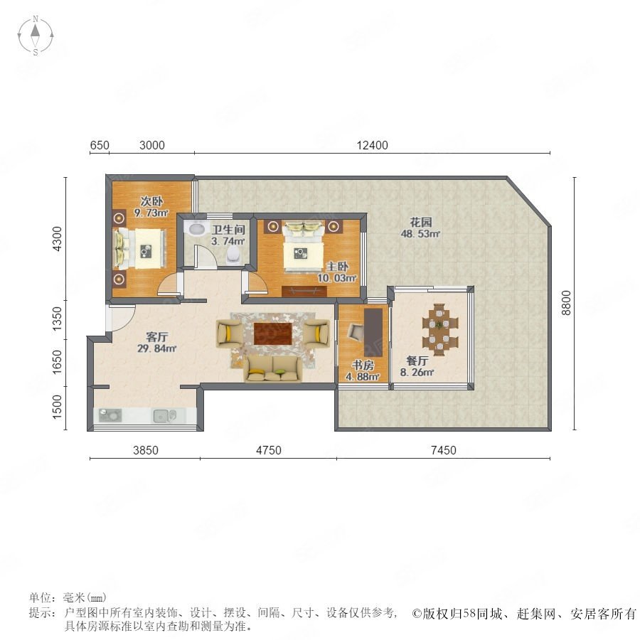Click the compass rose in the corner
(x=36, y=35)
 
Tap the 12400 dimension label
(x=372, y=145)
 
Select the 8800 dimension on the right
(x=566, y=302)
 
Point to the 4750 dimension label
(x=269, y=450)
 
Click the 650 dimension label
(x=100, y=145)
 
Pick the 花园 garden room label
(x=421, y=222)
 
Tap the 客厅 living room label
(x=156, y=337)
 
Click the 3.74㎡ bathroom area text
(x=228, y=241)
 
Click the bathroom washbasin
(x=196, y=228)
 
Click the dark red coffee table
(x=273, y=334)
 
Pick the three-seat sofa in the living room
(x=274, y=368)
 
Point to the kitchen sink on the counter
(x=164, y=416)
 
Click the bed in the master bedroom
(x=304, y=247)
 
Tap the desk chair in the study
(x=355, y=332)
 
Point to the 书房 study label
(x=363, y=365)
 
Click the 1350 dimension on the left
(x=58, y=319)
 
